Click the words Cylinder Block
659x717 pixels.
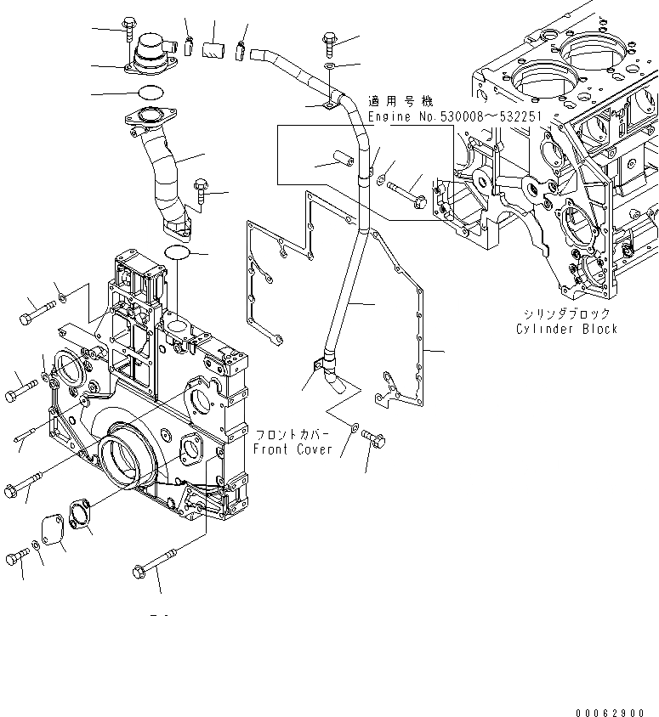coord(565,329)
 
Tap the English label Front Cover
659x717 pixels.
coord(293,449)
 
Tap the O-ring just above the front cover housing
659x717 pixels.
coord(178,252)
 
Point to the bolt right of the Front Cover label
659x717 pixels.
coord(374,440)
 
